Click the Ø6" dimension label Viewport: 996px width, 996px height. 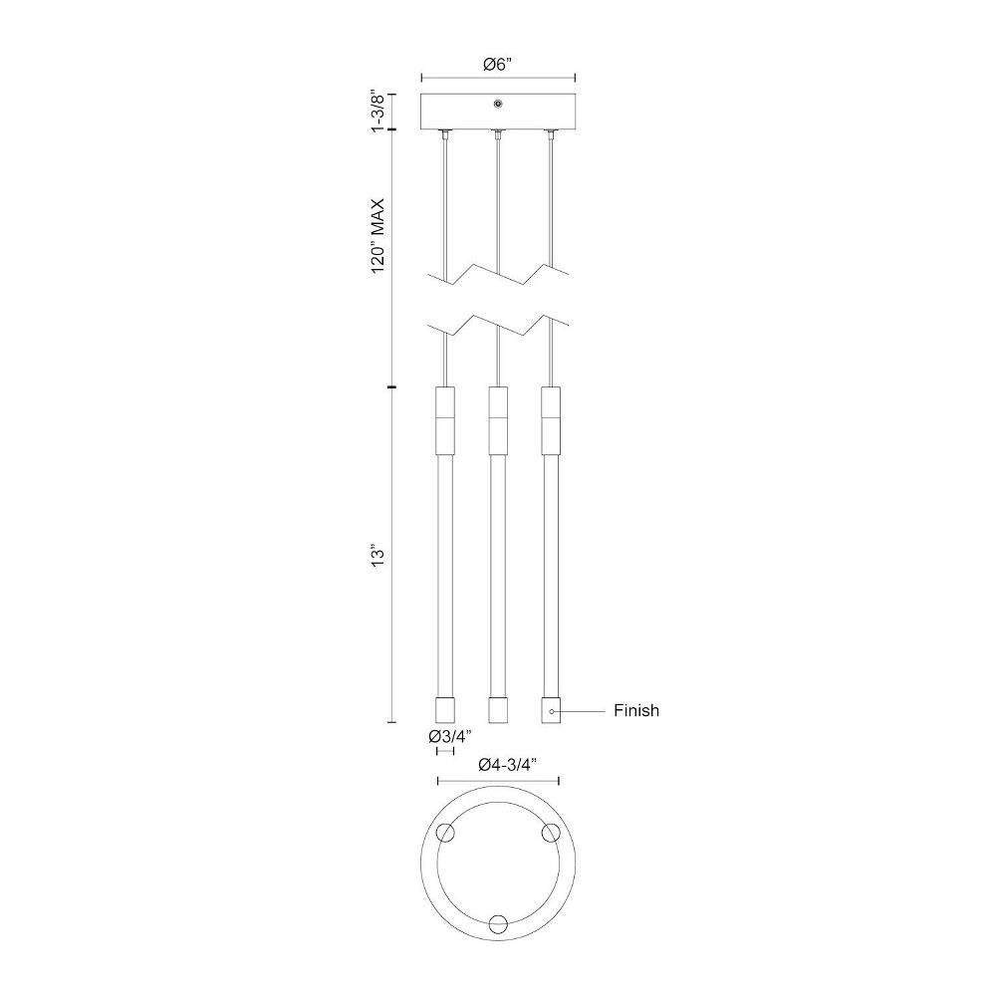[497, 64]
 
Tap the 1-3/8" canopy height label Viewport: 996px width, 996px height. [378, 112]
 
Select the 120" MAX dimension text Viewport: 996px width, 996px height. [378, 236]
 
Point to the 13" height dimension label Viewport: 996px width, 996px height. [378, 555]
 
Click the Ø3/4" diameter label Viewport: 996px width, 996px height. [450, 737]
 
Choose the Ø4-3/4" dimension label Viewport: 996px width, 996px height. [508, 765]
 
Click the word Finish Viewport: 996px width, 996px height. [636, 710]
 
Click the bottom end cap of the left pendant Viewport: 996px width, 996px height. [444, 709]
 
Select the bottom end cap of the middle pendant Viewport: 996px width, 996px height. [497, 709]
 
